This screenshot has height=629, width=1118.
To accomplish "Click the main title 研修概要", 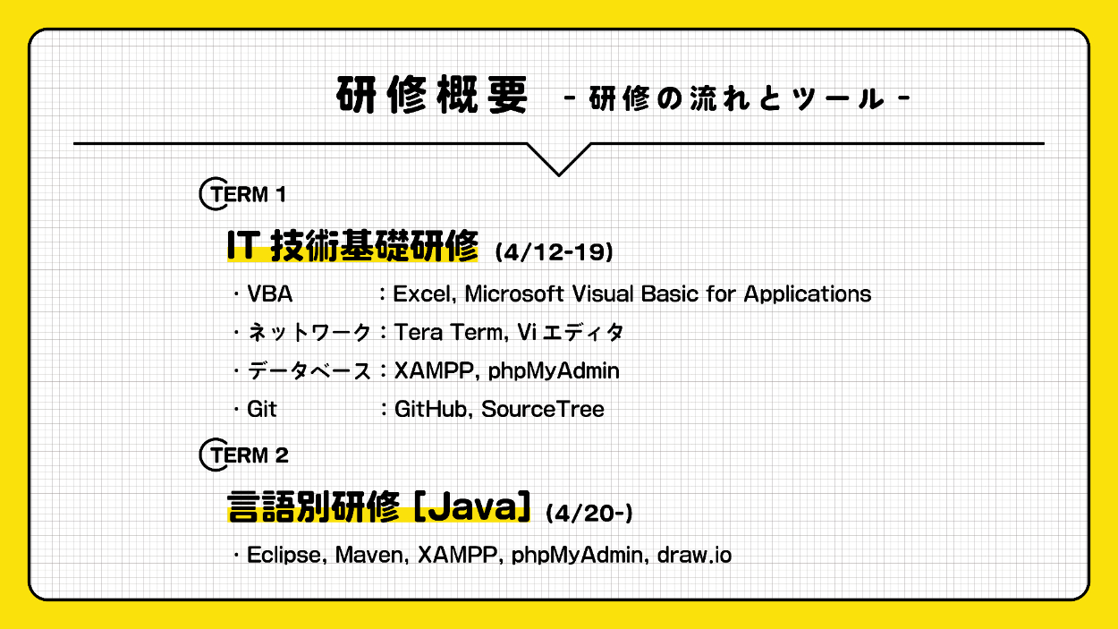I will (x=433, y=96).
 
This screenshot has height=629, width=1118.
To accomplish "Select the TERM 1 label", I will (x=243, y=193).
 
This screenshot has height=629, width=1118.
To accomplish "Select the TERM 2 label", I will (x=243, y=455).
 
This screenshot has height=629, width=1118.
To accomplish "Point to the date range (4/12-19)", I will (x=554, y=253).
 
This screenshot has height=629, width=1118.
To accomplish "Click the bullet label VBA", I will (x=269, y=293).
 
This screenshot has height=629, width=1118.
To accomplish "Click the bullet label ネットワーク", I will (x=309, y=333).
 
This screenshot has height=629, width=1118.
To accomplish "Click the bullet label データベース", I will (x=309, y=371).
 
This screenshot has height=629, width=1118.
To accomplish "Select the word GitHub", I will (x=432, y=410).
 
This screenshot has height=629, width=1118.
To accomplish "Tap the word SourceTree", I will (x=543, y=410).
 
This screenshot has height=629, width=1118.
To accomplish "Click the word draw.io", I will (x=694, y=556).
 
